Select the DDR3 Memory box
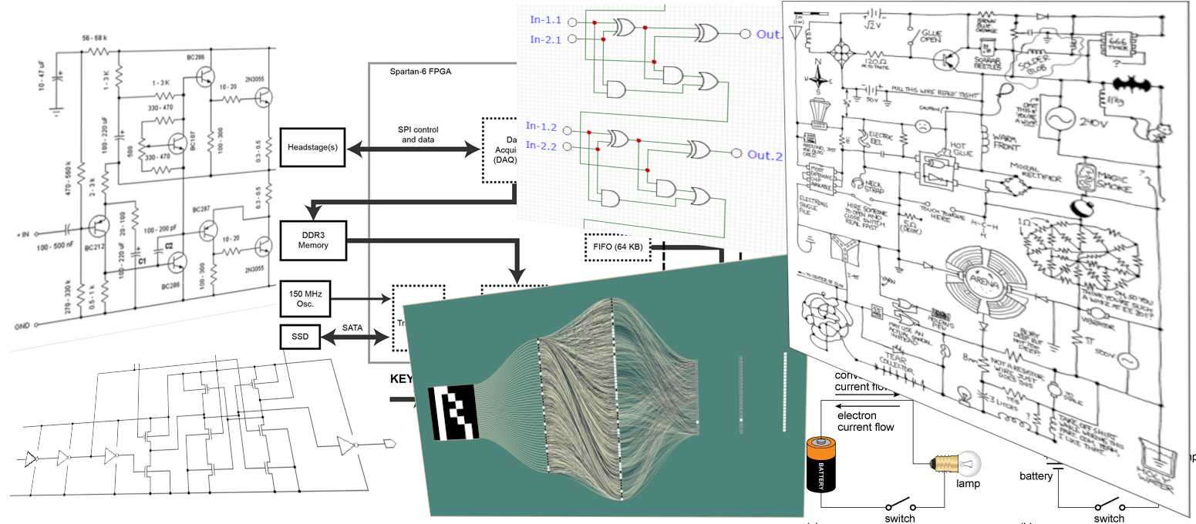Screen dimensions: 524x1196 [x=314, y=240]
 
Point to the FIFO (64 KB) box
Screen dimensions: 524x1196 [x=618, y=247]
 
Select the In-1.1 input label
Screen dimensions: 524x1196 [x=546, y=19]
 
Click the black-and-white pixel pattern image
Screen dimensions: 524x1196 [x=454, y=413]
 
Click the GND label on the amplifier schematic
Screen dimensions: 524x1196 [x=22, y=327]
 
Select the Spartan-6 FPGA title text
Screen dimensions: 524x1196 [x=421, y=71]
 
